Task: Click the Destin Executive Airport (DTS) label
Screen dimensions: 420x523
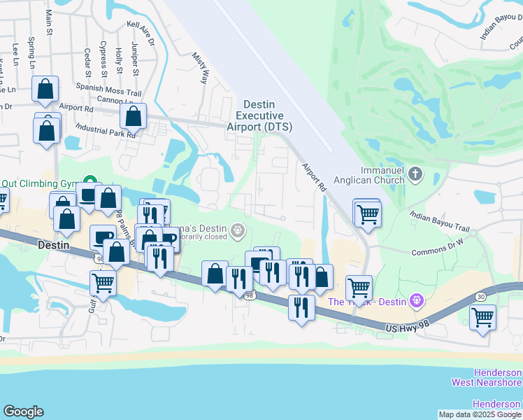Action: point(259,115)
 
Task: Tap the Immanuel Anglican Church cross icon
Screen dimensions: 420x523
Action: point(415,173)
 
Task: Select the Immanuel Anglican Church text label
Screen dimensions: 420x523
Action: point(382,175)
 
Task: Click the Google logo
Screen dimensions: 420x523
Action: point(23,412)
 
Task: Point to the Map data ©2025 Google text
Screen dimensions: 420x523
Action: point(480,414)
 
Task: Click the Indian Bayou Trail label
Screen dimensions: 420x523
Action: point(440,223)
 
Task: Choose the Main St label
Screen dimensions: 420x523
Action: point(49,22)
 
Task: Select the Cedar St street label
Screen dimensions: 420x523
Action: point(87,62)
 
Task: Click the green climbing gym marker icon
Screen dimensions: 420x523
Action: point(89,181)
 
